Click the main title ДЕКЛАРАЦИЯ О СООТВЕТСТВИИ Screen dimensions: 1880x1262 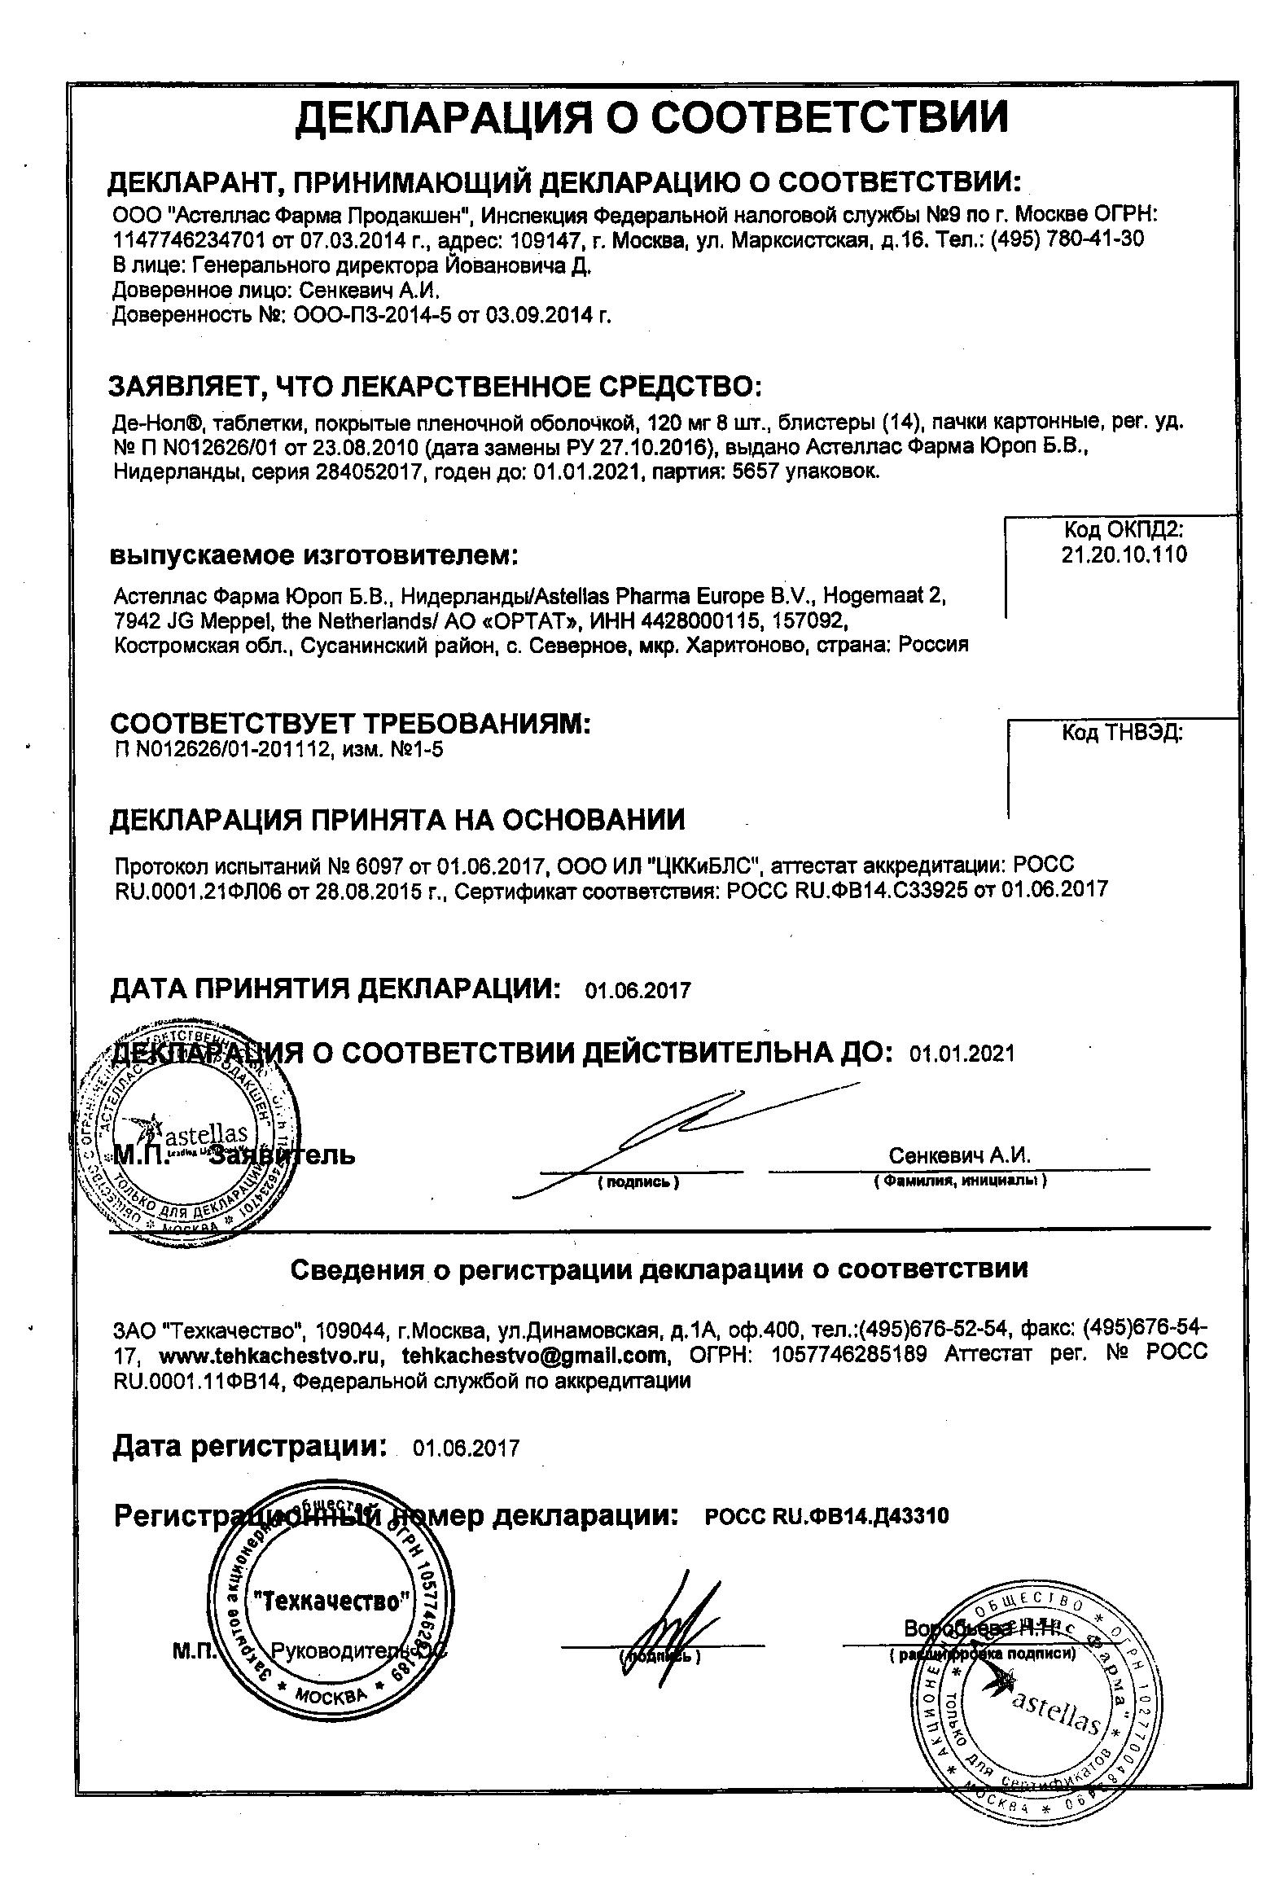(x=651, y=117)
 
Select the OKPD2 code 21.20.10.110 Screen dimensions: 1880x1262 (x=1124, y=555)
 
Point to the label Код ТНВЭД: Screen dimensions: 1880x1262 (x=1122, y=733)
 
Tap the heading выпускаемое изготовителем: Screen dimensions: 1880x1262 (x=313, y=556)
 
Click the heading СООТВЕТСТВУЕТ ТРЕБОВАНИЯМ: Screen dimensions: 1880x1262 (x=350, y=723)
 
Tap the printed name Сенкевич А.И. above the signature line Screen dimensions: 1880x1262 (x=959, y=1156)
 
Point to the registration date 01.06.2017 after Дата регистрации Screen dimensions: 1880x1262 (x=466, y=1448)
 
